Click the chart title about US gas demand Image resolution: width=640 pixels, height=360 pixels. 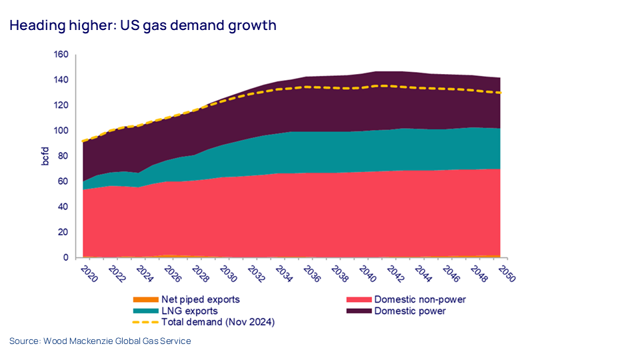pos(143,26)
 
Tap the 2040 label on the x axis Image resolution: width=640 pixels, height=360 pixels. pos(367,273)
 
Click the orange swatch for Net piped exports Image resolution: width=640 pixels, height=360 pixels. pos(145,300)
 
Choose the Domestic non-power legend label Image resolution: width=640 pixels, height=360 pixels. pos(419,300)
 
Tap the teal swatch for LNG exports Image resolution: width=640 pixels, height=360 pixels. pos(145,311)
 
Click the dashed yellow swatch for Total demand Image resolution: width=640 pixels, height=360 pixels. pos(145,323)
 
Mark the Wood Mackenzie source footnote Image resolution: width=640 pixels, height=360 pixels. pos(100,341)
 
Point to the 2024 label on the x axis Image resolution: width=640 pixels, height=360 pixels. pos(143,273)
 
